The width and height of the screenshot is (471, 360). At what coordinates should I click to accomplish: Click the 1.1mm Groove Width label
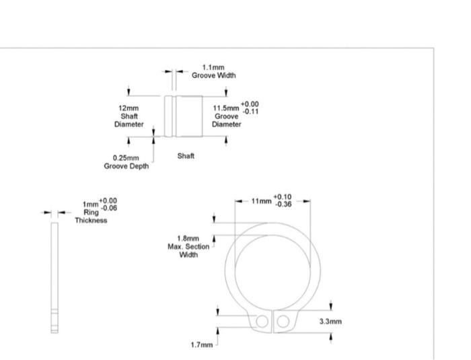[x=213, y=71]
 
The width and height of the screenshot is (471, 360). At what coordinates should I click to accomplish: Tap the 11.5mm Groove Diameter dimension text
[x=225, y=115]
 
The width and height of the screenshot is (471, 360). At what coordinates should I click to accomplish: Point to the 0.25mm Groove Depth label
[x=126, y=162]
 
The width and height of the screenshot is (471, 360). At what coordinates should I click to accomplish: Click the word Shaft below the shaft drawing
[x=186, y=155]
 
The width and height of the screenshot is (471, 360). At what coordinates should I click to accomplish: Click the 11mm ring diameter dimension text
[x=260, y=200]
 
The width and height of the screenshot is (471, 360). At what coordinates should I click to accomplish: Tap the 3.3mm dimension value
[x=330, y=321]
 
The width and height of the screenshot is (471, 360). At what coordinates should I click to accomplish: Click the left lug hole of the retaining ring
[x=261, y=322]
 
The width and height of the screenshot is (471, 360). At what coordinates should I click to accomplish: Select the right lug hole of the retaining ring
[x=283, y=321]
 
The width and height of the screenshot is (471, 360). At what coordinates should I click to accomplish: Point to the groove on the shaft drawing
[x=175, y=115]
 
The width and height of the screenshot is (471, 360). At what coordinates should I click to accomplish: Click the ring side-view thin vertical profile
[x=55, y=276]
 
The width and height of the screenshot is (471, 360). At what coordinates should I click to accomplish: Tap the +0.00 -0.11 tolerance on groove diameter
[x=249, y=108]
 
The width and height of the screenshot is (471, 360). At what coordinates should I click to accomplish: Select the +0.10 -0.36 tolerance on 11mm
[x=283, y=200]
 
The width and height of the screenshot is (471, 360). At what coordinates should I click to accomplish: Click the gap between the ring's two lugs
[x=272, y=322]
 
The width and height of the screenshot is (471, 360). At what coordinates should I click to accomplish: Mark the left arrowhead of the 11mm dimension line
[x=237, y=201]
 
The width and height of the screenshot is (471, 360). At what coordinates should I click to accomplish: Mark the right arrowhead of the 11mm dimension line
[x=310, y=201]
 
